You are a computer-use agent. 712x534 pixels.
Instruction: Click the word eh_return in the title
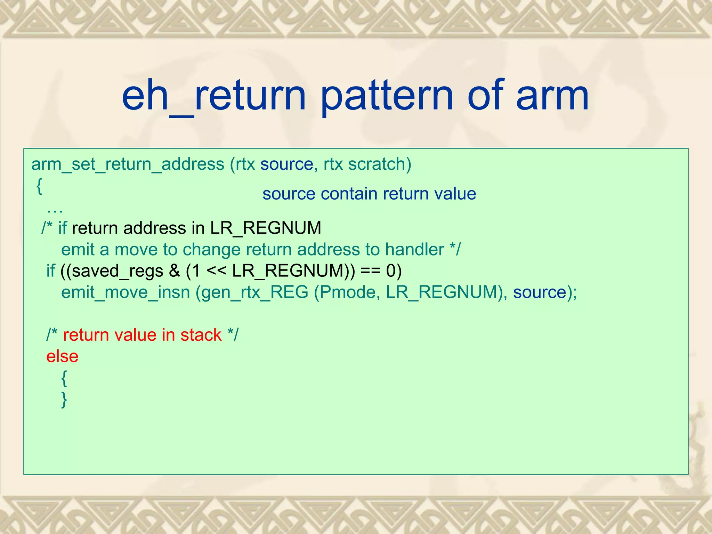(213, 96)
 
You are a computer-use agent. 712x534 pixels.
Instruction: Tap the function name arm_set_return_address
(128, 164)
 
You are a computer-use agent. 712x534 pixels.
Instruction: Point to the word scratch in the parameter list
(379, 164)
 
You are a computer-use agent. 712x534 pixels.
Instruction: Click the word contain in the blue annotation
(349, 194)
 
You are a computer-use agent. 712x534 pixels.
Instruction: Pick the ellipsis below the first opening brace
(55, 210)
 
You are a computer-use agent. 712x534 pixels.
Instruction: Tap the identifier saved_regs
(118, 271)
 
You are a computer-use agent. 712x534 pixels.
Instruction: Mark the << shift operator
(217, 271)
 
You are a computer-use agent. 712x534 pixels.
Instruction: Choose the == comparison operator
(371, 271)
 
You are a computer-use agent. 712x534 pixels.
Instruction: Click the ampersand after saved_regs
(174, 271)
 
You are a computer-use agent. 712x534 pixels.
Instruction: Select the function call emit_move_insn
(126, 292)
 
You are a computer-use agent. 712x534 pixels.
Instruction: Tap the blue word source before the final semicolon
(540, 292)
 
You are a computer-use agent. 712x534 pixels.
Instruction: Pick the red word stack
(201, 335)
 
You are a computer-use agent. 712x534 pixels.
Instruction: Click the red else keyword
(62, 356)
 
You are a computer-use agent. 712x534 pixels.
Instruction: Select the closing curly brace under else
(64, 399)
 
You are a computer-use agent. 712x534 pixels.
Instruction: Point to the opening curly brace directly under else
(64, 378)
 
